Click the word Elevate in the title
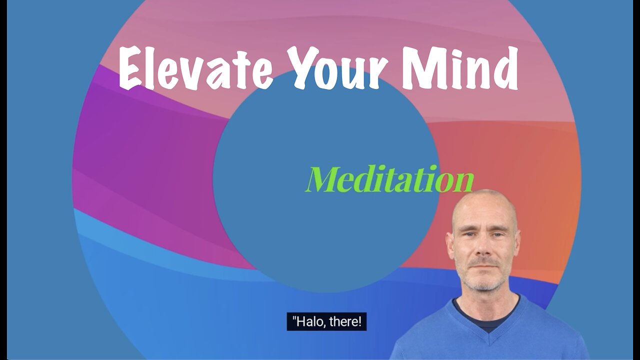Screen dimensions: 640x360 [x=196, y=68]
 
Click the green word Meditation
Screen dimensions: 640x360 [x=390, y=179]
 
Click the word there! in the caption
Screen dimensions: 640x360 [x=345, y=321]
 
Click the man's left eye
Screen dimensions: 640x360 [x=497, y=234]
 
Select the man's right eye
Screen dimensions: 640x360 [x=469, y=234]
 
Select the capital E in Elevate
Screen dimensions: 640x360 [x=130, y=68]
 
